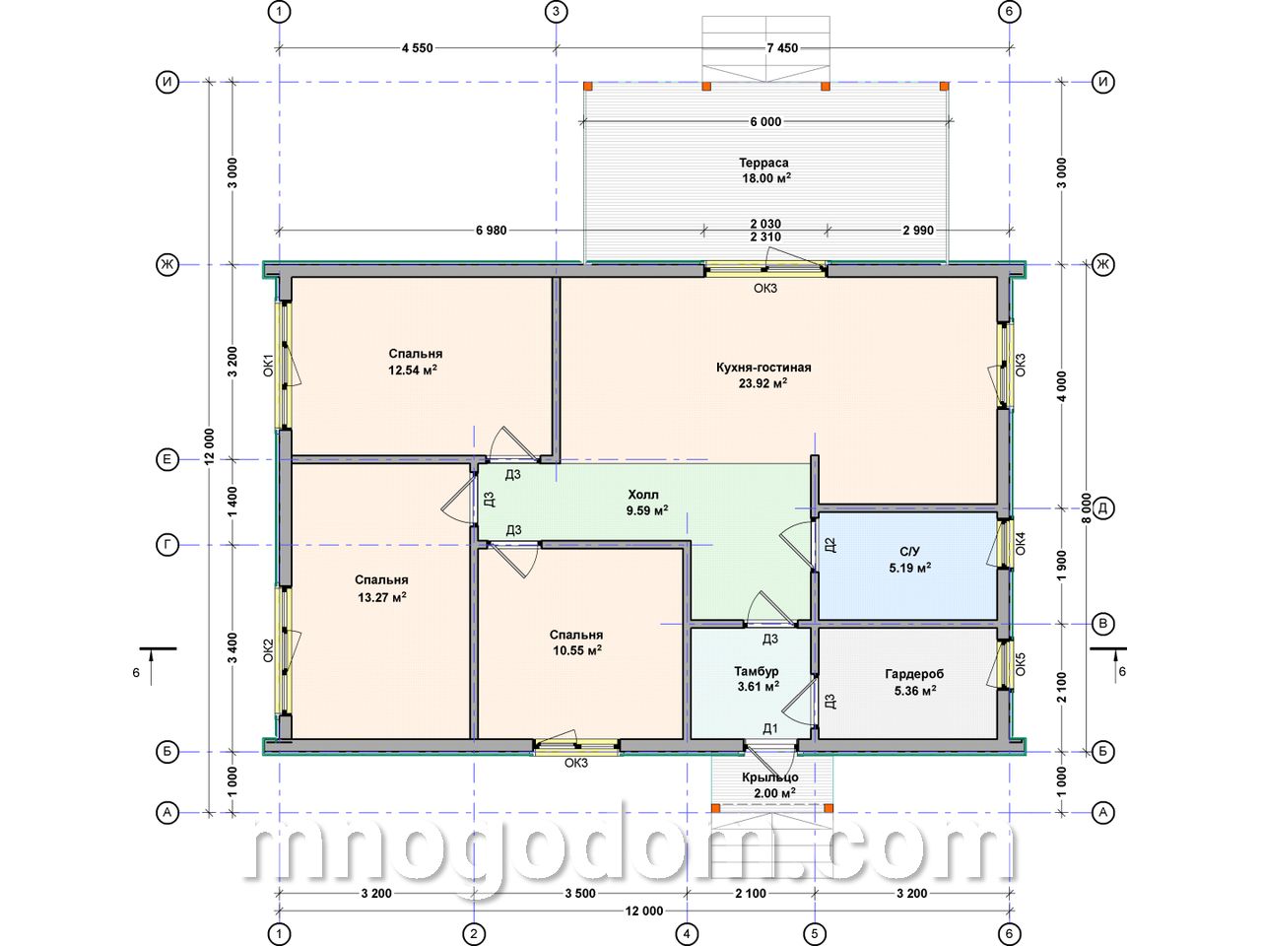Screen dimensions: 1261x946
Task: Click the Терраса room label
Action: click(x=763, y=164)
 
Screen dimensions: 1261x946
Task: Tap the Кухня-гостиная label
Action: click(x=763, y=367)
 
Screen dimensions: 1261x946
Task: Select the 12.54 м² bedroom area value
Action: click(x=413, y=370)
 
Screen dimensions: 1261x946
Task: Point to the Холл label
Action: click(x=643, y=495)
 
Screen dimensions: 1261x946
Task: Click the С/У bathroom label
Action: click(x=909, y=552)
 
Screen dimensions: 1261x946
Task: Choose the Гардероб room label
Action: click(x=914, y=674)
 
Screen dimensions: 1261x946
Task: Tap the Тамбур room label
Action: click(x=757, y=671)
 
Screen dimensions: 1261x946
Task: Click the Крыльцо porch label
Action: click(x=769, y=777)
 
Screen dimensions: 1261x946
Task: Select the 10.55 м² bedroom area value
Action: click(x=577, y=649)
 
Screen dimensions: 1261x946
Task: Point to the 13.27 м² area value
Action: click(x=382, y=597)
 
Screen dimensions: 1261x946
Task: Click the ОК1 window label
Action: click(x=268, y=365)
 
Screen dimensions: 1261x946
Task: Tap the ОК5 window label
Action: click(x=1021, y=663)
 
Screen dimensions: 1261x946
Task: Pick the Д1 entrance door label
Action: click(x=769, y=729)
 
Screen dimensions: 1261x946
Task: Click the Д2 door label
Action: click(x=830, y=545)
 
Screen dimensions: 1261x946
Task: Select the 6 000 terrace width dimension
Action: click(x=765, y=122)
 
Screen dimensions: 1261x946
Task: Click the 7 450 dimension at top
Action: click(x=782, y=48)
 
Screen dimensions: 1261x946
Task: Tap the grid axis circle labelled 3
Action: click(x=556, y=12)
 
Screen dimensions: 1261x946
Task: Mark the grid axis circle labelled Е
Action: click(x=167, y=459)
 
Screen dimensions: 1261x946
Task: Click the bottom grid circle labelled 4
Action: click(x=687, y=934)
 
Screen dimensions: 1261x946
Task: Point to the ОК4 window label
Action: click(x=1021, y=543)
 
